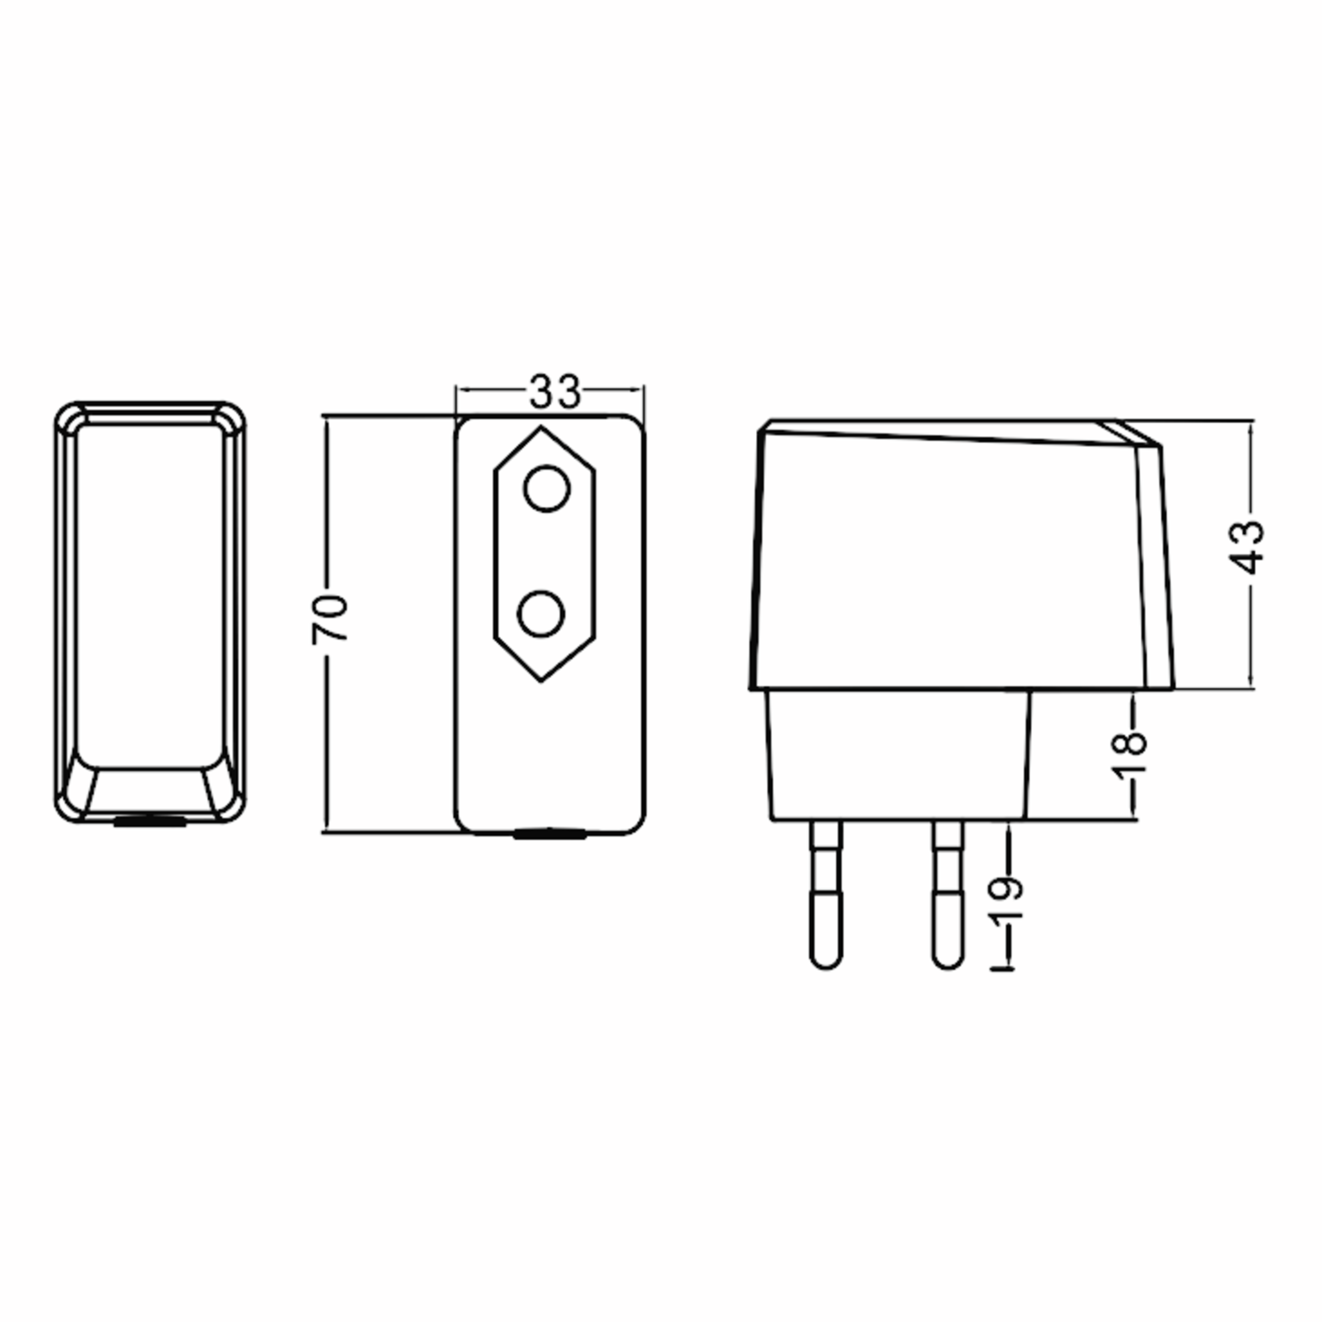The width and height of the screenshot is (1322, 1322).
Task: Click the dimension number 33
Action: coord(554,392)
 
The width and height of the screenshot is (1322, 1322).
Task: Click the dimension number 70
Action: coord(330,619)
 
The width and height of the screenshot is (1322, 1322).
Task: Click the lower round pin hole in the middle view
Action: coord(540,614)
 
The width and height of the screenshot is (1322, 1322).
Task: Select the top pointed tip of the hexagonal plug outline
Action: coord(541,430)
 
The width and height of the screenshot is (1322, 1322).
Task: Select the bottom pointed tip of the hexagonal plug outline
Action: coord(541,680)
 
